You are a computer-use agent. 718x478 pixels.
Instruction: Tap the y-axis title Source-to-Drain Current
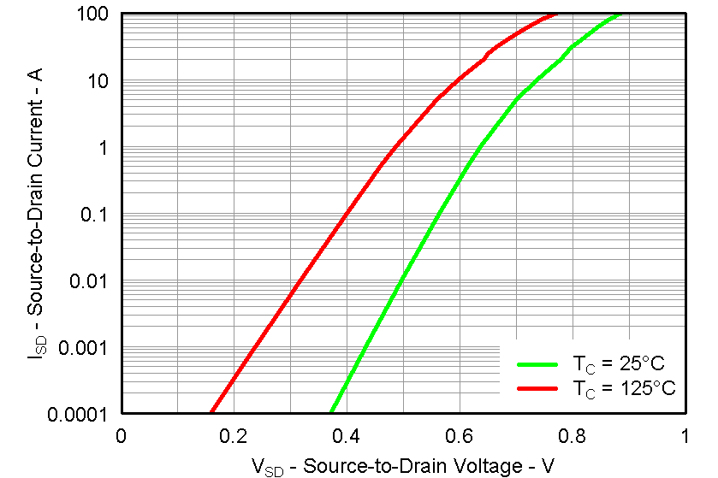point(34,214)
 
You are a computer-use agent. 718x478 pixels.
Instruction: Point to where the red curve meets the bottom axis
point(211,413)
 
